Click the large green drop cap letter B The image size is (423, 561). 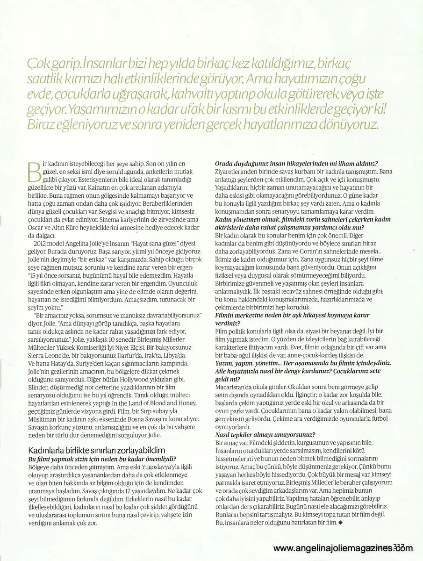(x=34, y=172)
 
